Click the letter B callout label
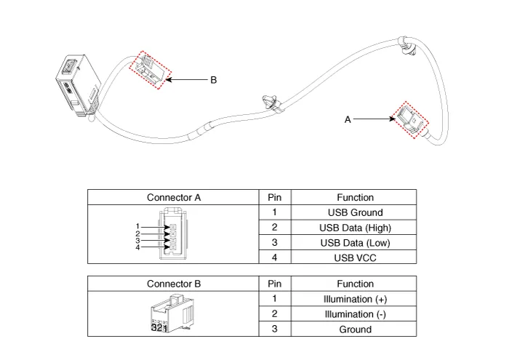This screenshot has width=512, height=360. tap(214, 80)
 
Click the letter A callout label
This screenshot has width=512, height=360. tap(348, 120)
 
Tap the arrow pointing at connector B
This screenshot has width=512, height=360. tap(185, 80)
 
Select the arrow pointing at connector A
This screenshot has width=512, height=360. tap(372, 120)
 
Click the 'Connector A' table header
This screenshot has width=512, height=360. tap(174, 197)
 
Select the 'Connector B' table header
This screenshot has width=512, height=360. tap(174, 284)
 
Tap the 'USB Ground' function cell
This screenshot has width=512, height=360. tap(355, 212)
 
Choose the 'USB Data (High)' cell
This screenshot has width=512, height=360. tap(355, 228)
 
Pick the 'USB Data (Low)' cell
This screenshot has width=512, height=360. tap(355, 242)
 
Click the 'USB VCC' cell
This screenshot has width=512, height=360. tap(355, 257)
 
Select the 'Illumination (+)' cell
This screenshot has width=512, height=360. tap(355, 299)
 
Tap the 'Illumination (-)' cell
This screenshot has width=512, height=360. tap(355, 314)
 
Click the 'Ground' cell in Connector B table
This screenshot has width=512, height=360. tap(355, 329)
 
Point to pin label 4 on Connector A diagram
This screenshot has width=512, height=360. tap(137, 247)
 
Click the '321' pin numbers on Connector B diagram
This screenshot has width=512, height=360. tap(159, 328)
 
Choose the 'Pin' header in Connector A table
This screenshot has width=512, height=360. tap(274, 197)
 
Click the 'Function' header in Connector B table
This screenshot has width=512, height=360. tap(355, 284)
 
